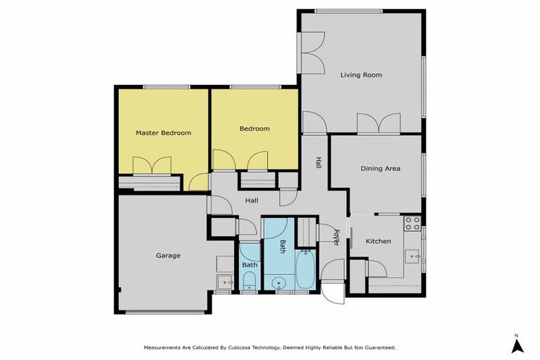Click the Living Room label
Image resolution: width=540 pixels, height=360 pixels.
361,75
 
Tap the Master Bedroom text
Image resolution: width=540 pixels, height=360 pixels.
163,133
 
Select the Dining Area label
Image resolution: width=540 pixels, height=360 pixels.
380,169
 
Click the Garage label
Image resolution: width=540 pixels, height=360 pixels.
168,255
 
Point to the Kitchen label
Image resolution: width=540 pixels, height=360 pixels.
378,241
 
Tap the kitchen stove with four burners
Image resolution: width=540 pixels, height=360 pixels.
413,224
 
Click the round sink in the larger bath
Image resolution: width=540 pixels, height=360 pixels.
279,283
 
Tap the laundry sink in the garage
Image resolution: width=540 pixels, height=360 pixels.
224,283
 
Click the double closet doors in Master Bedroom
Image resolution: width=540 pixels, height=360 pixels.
152,166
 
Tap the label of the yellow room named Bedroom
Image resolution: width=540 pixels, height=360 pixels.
255,129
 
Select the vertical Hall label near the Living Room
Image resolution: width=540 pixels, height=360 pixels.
319,162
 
